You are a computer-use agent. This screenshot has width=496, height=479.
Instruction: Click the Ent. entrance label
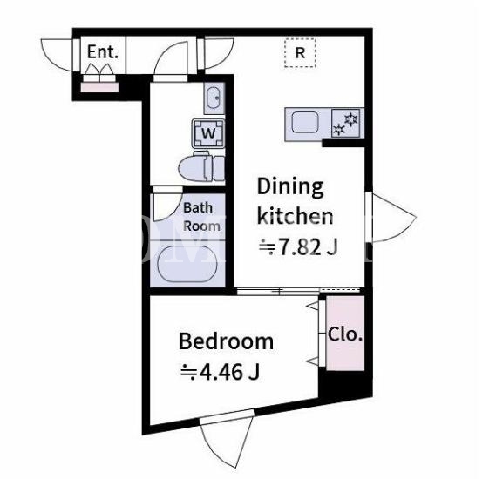(x=103, y=51)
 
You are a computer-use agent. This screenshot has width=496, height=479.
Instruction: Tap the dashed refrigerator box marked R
(x=300, y=53)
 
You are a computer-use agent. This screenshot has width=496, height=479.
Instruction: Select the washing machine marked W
(x=208, y=133)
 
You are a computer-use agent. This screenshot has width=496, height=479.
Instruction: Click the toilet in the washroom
(x=201, y=167)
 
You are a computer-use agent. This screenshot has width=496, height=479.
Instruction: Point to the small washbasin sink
(x=214, y=98)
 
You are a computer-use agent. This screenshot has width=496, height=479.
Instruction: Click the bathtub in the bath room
(x=187, y=264)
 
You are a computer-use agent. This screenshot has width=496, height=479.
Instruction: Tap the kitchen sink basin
(x=304, y=122)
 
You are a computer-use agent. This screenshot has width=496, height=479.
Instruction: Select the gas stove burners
(x=345, y=123)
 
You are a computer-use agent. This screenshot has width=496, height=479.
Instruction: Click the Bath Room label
(x=201, y=217)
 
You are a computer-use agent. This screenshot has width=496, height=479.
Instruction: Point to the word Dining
(x=290, y=187)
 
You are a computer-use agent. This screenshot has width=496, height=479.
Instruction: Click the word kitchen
(x=295, y=216)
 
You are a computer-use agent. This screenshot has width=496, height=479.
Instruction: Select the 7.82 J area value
(x=299, y=246)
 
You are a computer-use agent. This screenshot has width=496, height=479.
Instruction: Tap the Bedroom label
(x=226, y=341)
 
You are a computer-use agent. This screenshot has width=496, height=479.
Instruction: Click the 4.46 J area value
(x=221, y=371)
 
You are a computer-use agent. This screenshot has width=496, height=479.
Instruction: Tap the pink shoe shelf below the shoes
(x=99, y=87)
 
